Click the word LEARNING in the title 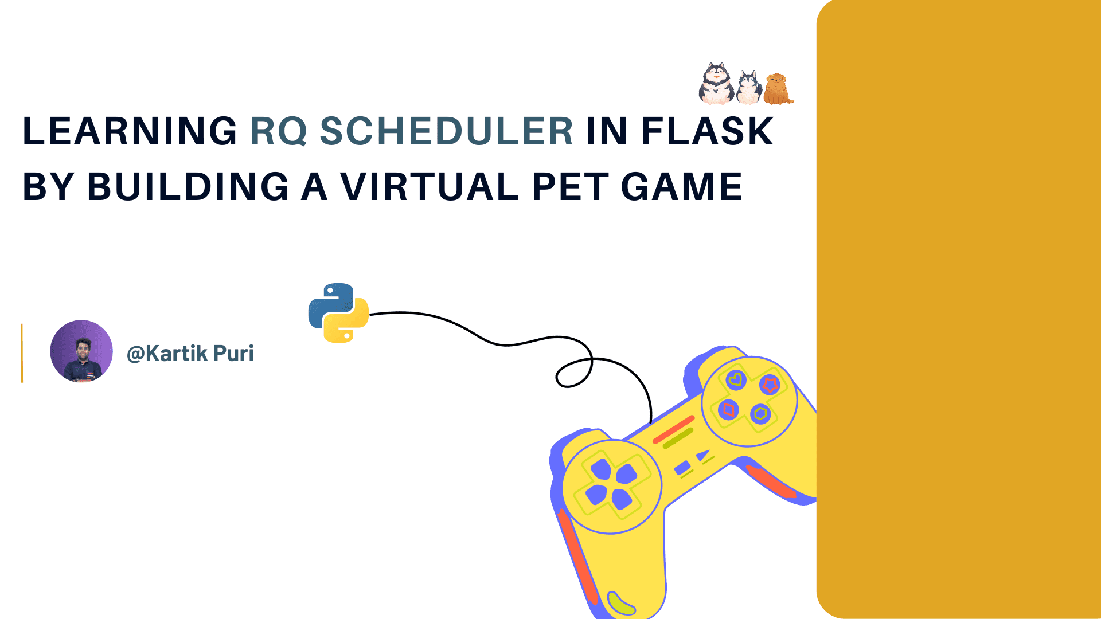pyautogui.click(x=130, y=131)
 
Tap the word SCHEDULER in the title pyautogui.click(x=446, y=131)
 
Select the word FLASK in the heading pyautogui.click(x=707, y=131)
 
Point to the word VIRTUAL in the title pyautogui.click(x=430, y=187)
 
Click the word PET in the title pyautogui.click(x=570, y=187)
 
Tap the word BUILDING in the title pyautogui.click(x=188, y=187)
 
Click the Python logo pyautogui.click(x=338, y=313)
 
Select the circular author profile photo pyautogui.click(x=81, y=351)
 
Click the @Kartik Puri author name pyautogui.click(x=190, y=354)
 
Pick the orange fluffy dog pyautogui.click(x=777, y=89)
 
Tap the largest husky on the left pyautogui.click(x=716, y=84)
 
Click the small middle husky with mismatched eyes pyautogui.click(x=748, y=88)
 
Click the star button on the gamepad pyautogui.click(x=770, y=385)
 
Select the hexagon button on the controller pyautogui.click(x=760, y=413)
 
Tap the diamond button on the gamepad pyautogui.click(x=728, y=410)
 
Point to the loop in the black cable pyautogui.click(x=574, y=373)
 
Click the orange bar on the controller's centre pyautogui.click(x=674, y=429)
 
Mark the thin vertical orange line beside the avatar pyautogui.click(x=22, y=353)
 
